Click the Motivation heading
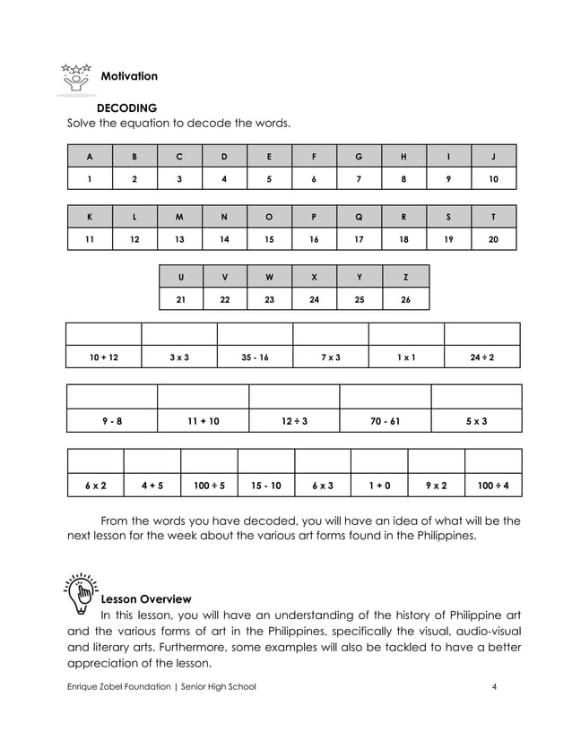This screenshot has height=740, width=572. point(129,76)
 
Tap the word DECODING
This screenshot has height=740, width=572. point(126,108)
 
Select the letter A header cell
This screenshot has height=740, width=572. point(90,157)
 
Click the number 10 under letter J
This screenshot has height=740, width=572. point(493,178)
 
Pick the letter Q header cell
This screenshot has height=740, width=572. point(359,217)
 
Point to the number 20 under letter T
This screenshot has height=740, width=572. point(493,239)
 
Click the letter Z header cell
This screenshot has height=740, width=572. point(405,277)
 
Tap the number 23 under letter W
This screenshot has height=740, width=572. point(269,299)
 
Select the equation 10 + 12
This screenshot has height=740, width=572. point(103,357)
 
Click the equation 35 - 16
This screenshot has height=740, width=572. point(255,357)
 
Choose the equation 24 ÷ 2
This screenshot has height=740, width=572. point(481,357)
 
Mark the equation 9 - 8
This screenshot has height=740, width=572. point(112,420)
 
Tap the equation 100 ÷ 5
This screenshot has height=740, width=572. point(209,486)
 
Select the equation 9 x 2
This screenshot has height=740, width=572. point(436,486)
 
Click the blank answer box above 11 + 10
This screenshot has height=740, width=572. point(203,397)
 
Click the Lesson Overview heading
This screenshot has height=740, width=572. point(145,598)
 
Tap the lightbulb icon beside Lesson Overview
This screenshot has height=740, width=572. point(79,591)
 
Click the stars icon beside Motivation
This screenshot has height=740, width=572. point(76,78)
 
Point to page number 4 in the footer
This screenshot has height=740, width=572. point(494,687)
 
